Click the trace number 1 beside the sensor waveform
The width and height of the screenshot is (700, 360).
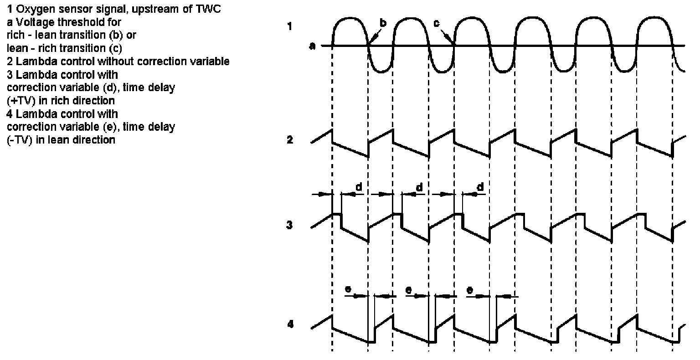(x=289, y=26)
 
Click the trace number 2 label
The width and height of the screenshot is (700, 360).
(x=289, y=140)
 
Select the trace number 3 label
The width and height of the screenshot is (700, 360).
(x=289, y=225)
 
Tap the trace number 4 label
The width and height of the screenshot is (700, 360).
(x=290, y=324)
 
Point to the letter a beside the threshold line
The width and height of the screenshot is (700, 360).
(x=313, y=46)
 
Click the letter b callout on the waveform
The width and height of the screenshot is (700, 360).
(x=383, y=23)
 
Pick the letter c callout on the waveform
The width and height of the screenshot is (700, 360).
(x=436, y=23)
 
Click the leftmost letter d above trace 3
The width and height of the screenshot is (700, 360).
(x=359, y=187)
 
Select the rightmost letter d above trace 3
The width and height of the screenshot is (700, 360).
(x=479, y=187)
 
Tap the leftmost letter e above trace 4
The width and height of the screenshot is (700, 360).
(x=348, y=290)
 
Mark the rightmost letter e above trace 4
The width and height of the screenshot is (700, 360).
(x=470, y=290)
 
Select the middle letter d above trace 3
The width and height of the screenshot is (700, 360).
(x=419, y=187)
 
